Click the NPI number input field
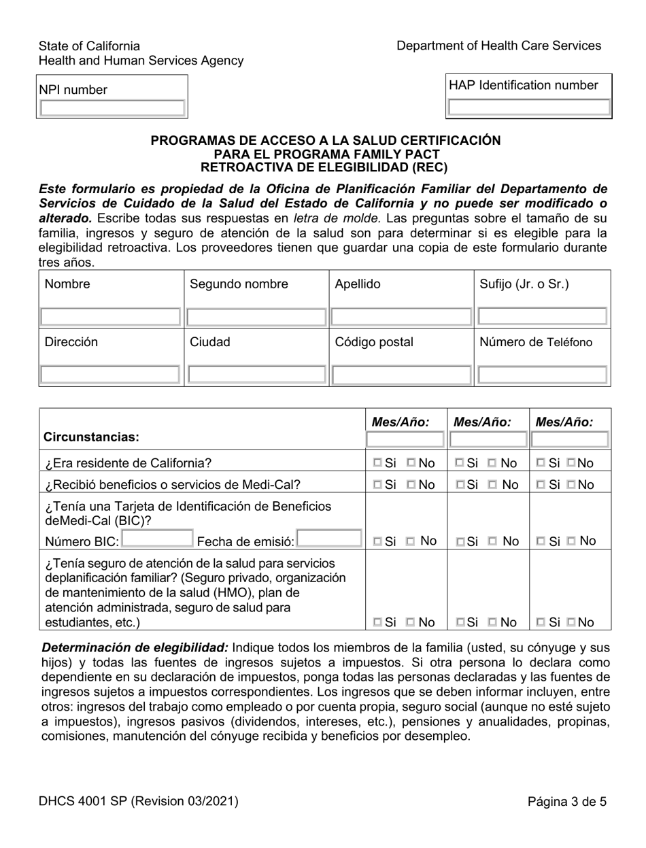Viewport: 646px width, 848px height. coord(112,108)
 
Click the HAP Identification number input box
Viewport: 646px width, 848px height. coord(528,107)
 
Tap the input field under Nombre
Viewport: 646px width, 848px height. coord(110,316)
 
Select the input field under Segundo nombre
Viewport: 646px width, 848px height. coord(256,316)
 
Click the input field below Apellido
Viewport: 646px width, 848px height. coord(401,316)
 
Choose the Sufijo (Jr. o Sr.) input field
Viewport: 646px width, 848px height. coord(542,316)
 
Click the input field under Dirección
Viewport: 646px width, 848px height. coord(110,374)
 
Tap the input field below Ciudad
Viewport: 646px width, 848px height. coord(256,374)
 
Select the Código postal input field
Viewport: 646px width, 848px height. coord(401,374)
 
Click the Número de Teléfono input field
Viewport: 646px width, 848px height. coord(542,374)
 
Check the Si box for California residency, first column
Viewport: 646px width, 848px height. coord(377,464)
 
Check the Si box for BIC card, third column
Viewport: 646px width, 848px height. coord(541,541)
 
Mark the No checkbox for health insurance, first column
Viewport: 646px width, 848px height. coord(411,622)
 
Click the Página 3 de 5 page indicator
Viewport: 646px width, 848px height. coord(566,802)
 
